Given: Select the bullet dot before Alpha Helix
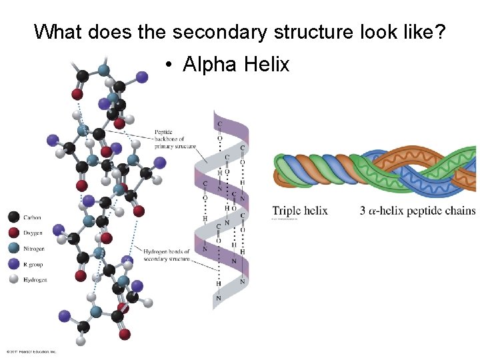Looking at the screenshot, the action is pos(171,65).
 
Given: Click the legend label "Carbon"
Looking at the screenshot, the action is pos(32,217).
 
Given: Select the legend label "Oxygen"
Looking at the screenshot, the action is pos(33,233).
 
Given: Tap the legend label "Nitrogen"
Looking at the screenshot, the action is pos(34,249).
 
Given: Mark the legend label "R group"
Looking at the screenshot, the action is pos(33,265).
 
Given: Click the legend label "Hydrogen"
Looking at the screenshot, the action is pos(35,280).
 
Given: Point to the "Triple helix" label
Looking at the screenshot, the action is pos(300,211).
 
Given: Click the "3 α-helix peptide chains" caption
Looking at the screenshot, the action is pos(418,211).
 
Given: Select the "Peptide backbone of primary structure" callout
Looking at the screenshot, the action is pos(175,139).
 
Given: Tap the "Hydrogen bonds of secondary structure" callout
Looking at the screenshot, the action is pos(167,255).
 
